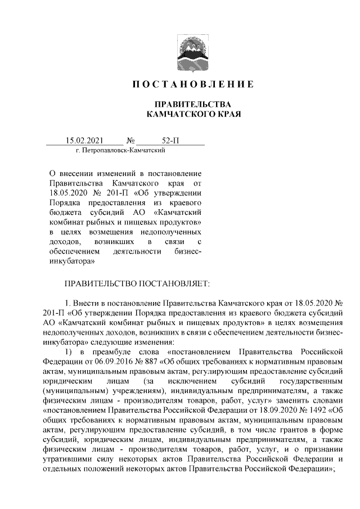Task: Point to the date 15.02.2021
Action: click(84, 140)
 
